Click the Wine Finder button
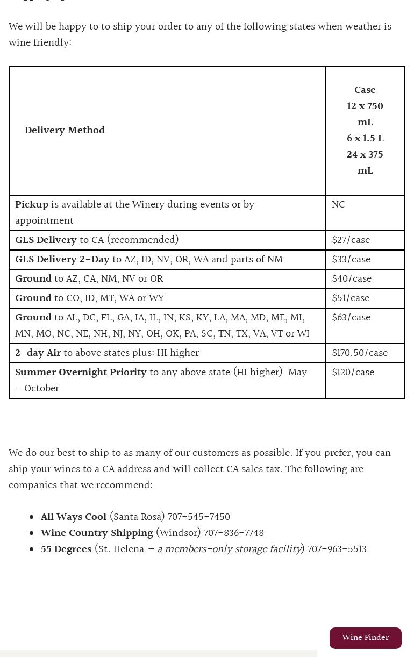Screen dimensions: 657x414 (x=365, y=638)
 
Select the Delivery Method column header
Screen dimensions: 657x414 (x=65, y=131)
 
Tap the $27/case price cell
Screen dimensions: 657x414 (x=351, y=240)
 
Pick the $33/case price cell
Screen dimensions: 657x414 (x=351, y=260)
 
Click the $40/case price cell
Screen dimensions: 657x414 (x=352, y=279)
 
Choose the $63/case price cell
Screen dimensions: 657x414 (x=351, y=318)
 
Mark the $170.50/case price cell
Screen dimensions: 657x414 (x=360, y=353)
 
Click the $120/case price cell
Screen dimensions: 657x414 (x=353, y=373)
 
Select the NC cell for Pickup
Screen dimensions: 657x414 (x=338, y=205)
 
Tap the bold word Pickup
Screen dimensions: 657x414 (x=32, y=205)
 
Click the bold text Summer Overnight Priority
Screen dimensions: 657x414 (x=81, y=373)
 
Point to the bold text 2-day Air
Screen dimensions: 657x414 (x=38, y=353)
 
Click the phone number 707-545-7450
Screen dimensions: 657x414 (x=198, y=517)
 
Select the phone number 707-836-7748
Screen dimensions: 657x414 (x=233, y=533)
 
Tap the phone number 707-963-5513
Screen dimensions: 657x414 (x=337, y=549)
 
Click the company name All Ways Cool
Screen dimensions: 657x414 (x=74, y=517)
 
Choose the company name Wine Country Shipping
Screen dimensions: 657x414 (x=97, y=533)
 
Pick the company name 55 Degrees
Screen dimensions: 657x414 (x=66, y=549)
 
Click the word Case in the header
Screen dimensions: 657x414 (x=365, y=90)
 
